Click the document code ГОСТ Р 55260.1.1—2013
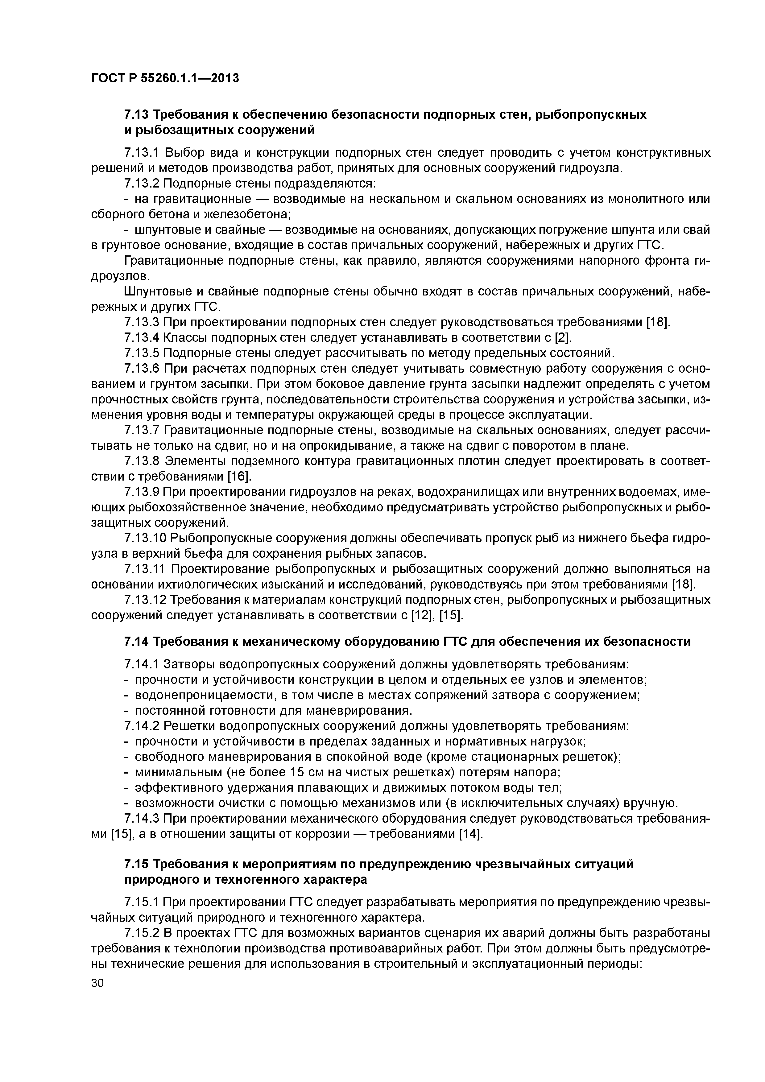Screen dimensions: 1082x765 tap(165, 78)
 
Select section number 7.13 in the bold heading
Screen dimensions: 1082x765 tap(136, 114)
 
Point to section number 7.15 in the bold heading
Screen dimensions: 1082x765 tap(136, 864)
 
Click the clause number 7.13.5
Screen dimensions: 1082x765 tap(141, 353)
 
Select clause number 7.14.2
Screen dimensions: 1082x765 tap(141, 726)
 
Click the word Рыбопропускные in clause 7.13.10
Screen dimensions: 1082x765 tap(221, 538)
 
